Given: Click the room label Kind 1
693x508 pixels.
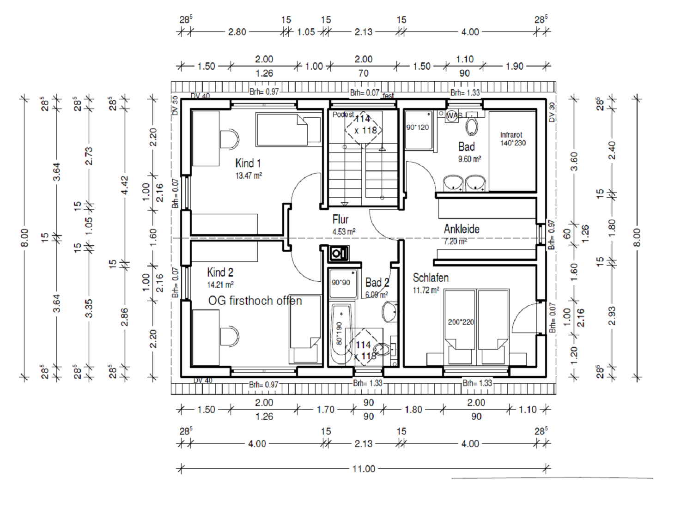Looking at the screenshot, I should [248, 163].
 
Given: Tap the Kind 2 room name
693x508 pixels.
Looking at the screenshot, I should [220, 272].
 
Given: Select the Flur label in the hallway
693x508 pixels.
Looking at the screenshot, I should [340, 219].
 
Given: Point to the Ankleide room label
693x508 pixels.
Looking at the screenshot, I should [462, 229].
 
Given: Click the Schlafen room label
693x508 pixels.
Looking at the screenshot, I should [431, 278].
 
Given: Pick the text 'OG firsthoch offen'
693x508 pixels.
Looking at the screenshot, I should [255, 301].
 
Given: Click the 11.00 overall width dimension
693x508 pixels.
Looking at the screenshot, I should [364, 469].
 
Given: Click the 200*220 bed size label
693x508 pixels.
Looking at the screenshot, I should [461, 322].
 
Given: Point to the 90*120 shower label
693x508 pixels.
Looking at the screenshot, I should [418, 127].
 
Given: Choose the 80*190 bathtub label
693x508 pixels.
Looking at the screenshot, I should [339, 333].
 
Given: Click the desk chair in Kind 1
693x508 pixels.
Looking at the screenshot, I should [229, 139].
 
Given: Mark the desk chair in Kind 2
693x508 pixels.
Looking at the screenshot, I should [229, 336].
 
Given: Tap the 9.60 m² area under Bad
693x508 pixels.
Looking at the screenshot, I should [469, 159].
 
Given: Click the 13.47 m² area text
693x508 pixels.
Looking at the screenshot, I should [249, 175].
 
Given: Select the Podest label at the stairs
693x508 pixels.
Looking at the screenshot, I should [343, 115].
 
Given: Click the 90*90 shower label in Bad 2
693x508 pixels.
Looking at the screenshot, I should [341, 282].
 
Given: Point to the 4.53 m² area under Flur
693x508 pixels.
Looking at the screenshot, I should [344, 231].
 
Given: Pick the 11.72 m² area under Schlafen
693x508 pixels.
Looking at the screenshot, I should [426, 290].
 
